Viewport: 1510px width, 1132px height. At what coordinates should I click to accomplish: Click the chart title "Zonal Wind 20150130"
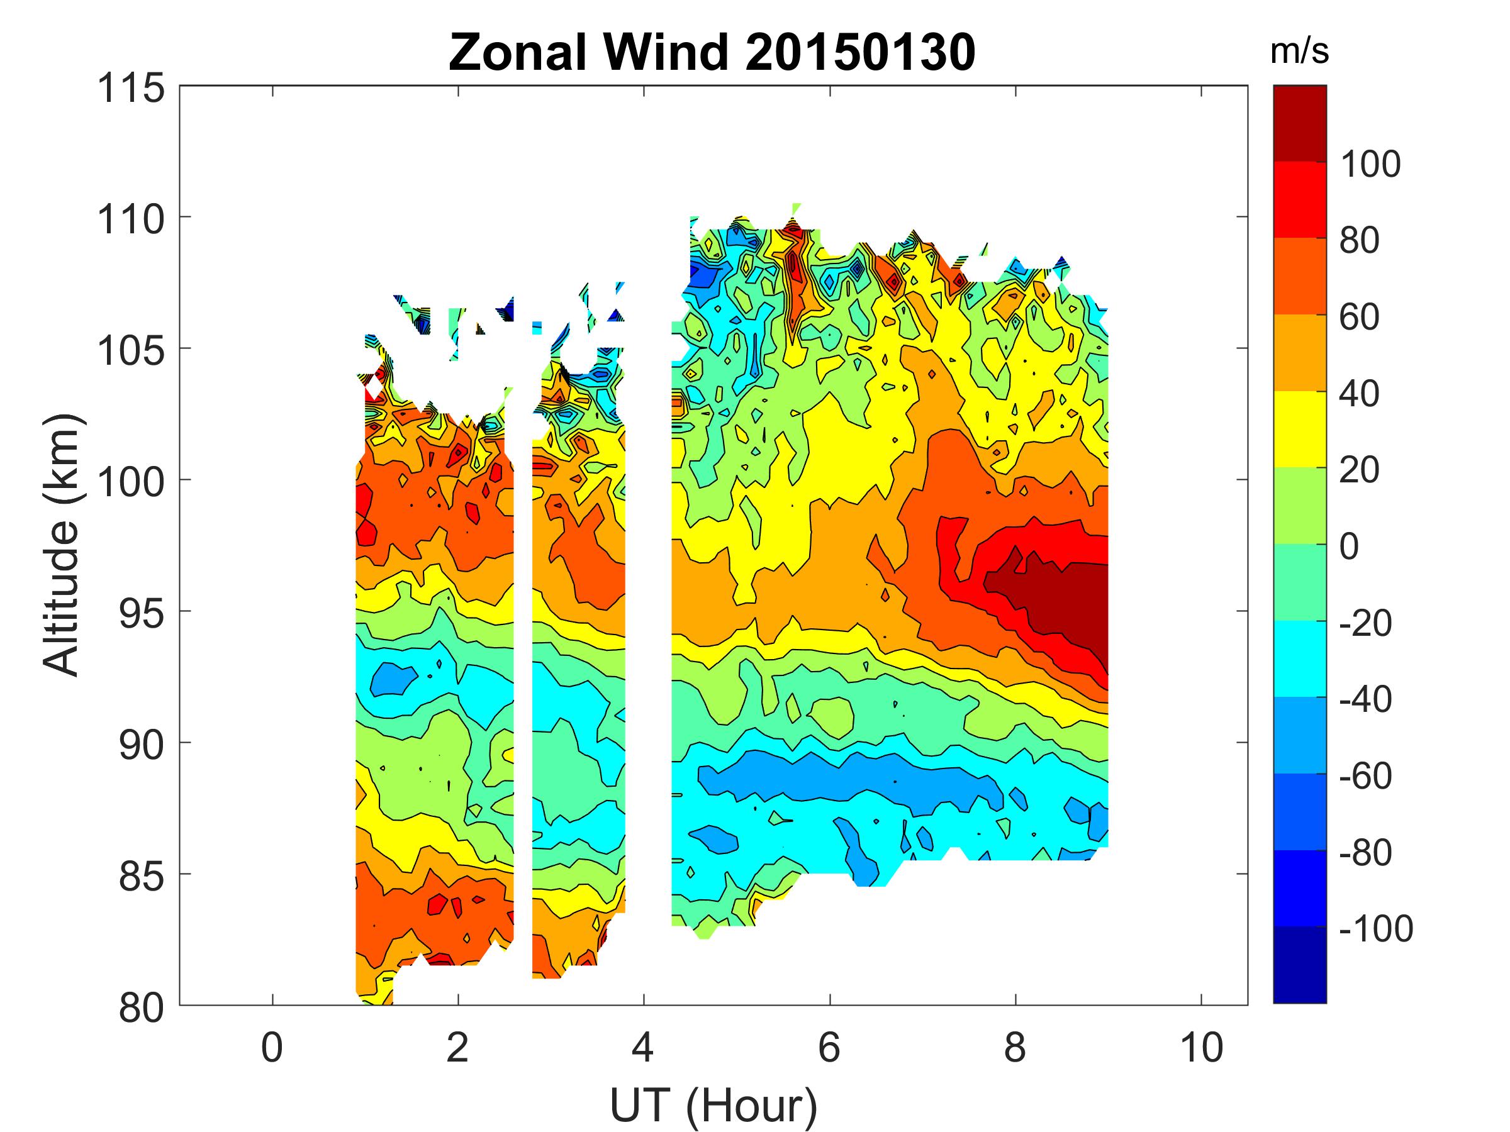712,53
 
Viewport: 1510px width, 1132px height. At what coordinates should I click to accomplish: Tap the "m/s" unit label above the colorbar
1299,52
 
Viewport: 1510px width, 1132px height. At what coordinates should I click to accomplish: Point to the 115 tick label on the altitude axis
131,89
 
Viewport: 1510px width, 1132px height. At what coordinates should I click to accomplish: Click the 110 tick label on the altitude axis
131,219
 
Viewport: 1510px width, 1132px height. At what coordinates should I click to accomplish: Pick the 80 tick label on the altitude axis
141,1007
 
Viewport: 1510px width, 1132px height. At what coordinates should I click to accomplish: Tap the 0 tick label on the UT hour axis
272,1047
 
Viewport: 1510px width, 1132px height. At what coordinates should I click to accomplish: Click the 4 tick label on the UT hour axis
643,1047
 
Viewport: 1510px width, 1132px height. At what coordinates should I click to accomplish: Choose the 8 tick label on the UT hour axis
1015,1047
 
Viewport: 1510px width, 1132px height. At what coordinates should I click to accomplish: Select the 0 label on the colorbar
1350,546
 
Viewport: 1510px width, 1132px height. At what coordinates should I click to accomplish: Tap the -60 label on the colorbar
1365,775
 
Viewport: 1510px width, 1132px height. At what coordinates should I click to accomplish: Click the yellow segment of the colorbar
1299,428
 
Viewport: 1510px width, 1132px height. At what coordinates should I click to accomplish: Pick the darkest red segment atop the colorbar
1299,123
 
